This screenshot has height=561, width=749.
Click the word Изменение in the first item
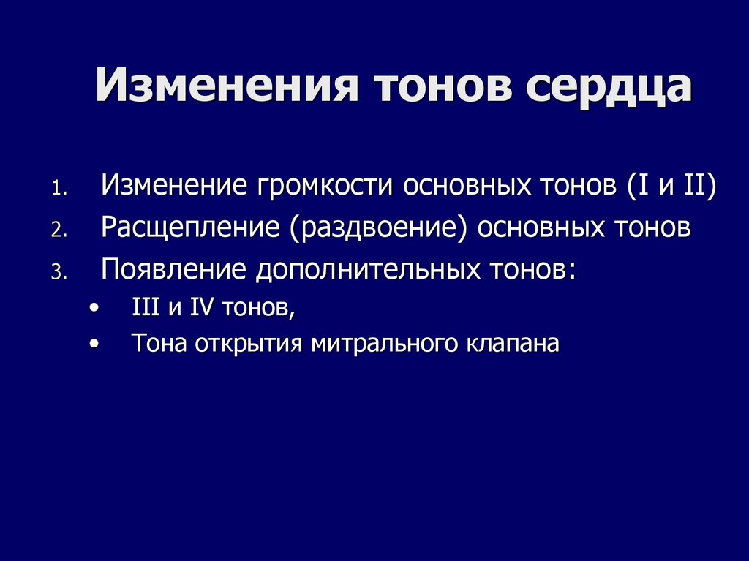point(174,186)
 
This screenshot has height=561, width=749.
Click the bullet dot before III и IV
point(93,309)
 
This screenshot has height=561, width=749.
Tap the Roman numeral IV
point(200,309)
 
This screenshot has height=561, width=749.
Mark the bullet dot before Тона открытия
point(93,344)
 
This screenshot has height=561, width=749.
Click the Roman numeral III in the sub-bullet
point(145,309)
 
